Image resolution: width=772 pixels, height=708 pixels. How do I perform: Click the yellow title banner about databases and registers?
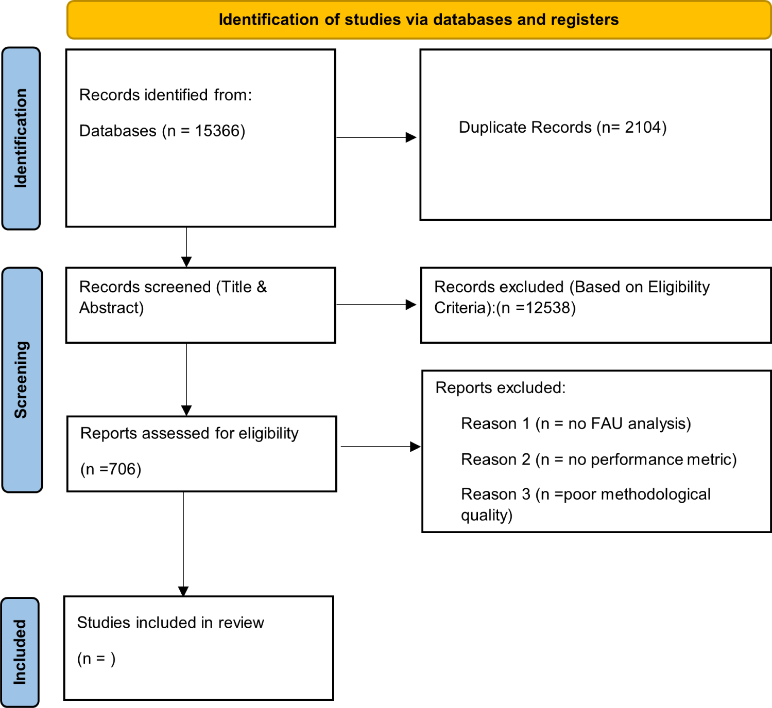pos(419,20)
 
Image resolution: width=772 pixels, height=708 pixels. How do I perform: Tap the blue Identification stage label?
pos(21,138)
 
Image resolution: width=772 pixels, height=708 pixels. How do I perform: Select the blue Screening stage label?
pos(22,380)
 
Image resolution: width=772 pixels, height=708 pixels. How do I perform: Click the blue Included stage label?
pos(20,652)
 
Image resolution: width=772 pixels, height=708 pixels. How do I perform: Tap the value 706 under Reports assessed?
pos(122,470)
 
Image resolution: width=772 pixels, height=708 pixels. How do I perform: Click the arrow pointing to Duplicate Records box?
pos(376,137)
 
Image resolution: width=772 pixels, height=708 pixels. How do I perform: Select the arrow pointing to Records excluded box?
pos(376,305)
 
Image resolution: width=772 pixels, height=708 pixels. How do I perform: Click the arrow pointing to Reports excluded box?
pos(381,447)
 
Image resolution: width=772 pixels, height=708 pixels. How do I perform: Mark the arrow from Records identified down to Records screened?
pos(186,247)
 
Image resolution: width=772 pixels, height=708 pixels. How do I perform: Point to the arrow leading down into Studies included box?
pos(183,544)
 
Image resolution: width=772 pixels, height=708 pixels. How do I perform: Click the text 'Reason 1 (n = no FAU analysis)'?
pos(576,424)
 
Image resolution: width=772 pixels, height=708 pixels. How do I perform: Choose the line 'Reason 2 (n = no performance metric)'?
pos(599,459)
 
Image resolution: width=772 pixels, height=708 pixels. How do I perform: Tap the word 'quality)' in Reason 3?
pos(487,516)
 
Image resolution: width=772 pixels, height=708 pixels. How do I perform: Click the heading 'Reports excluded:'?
pos(501,388)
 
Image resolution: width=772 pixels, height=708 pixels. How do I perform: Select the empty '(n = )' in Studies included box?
pos(96,659)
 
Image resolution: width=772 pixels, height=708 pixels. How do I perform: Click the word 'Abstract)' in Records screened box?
pos(112,308)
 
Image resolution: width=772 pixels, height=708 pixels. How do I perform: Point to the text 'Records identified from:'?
pos(165,95)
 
